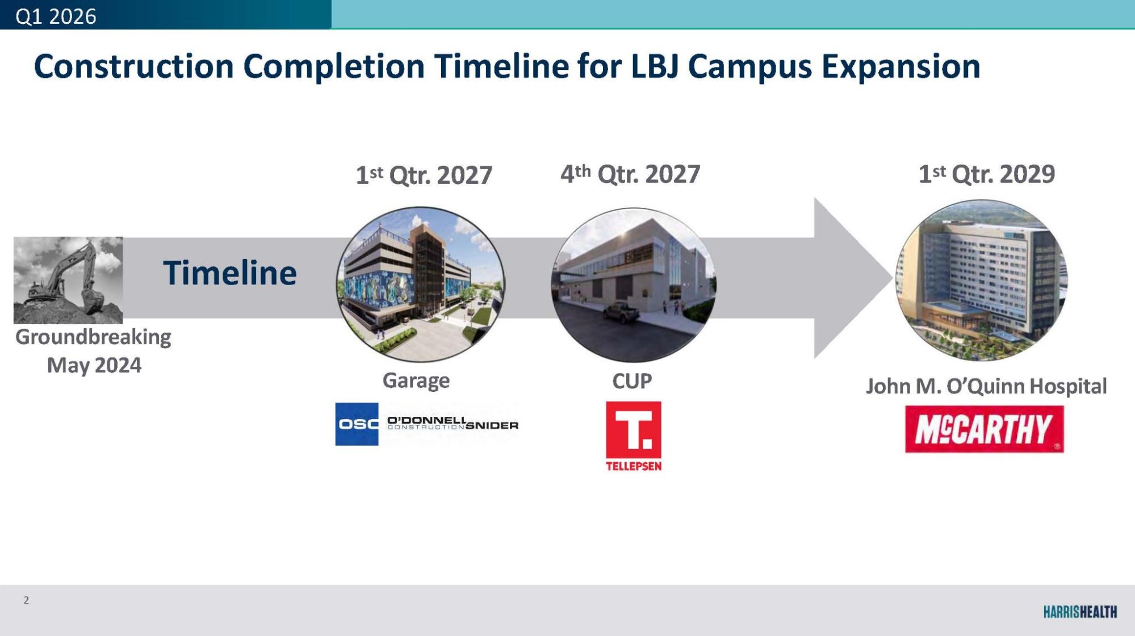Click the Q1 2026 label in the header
tap(56, 16)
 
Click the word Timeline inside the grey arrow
tap(230, 273)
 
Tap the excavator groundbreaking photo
tap(68, 280)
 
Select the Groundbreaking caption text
tap(93, 337)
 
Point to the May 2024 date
tap(94, 365)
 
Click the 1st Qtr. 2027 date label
tap(424, 175)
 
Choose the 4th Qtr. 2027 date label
tap(630, 174)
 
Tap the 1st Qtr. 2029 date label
tap(987, 174)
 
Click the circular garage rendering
tap(421, 284)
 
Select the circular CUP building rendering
tap(634, 284)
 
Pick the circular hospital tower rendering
tap(982, 279)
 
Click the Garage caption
tap(416, 380)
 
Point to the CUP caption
tap(632, 381)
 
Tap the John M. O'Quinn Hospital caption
tap(986, 386)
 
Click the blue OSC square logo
tap(357, 424)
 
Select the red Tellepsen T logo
tap(634, 436)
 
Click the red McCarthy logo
tap(985, 429)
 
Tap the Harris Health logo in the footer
tap(1080, 612)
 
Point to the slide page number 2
tap(26, 600)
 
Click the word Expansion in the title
tap(901, 66)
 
